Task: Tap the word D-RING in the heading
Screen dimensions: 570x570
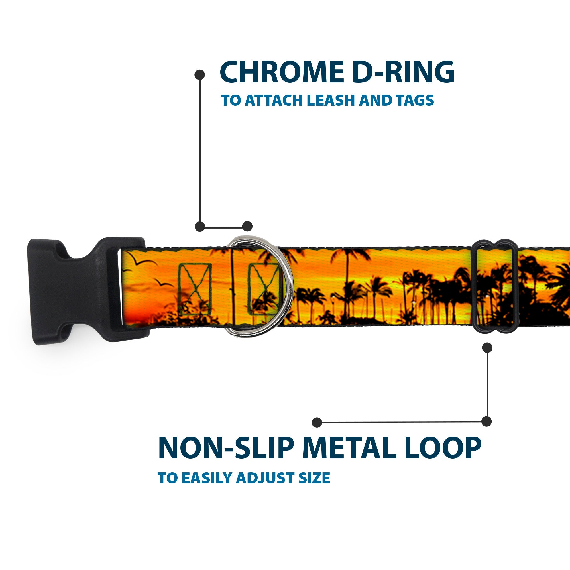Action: tap(403, 73)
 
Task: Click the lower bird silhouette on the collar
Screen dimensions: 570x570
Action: tap(164, 284)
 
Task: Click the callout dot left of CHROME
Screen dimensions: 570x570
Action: tap(200, 74)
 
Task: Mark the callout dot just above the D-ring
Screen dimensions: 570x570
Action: tap(247, 226)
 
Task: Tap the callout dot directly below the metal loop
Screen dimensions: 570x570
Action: tap(487, 347)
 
